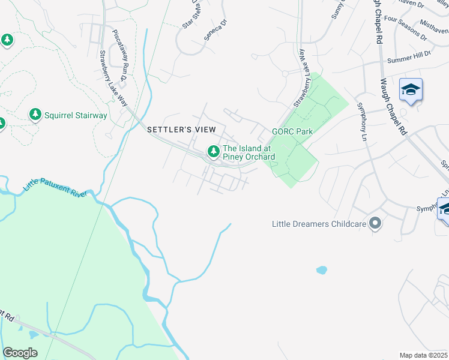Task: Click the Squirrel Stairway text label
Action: (x=76, y=115)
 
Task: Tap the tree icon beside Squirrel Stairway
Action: (x=35, y=114)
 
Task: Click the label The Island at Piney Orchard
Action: (x=249, y=153)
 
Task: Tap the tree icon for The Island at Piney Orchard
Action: (x=212, y=152)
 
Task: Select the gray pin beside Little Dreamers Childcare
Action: (x=376, y=223)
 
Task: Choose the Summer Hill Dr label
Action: (x=409, y=58)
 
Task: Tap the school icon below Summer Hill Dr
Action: (x=411, y=90)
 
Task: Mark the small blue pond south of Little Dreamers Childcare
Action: (x=322, y=270)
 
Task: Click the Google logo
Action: (x=20, y=353)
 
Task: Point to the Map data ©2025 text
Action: (x=423, y=355)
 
